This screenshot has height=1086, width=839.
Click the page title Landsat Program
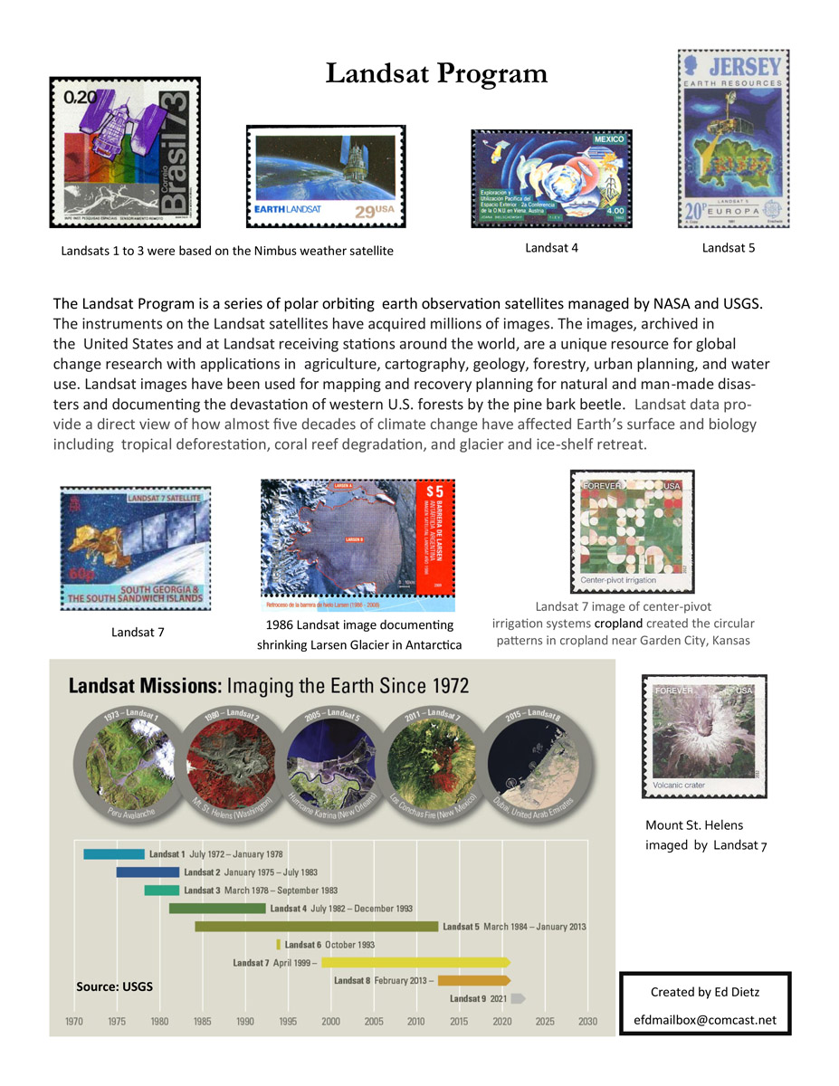(x=436, y=73)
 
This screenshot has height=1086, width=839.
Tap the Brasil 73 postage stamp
(x=125, y=152)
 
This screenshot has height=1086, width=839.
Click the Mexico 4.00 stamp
(x=550, y=178)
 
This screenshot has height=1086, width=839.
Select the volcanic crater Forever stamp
(x=703, y=738)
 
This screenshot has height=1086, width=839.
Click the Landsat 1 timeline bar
(x=114, y=854)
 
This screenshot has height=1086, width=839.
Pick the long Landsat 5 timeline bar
(x=317, y=927)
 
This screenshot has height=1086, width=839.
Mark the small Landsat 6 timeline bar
(x=279, y=945)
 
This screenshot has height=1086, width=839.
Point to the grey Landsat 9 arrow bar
(x=518, y=998)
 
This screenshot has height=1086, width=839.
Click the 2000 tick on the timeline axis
(x=330, y=1021)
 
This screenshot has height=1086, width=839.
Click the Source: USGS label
(x=114, y=986)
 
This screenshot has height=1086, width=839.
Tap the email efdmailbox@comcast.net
(x=705, y=1020)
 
